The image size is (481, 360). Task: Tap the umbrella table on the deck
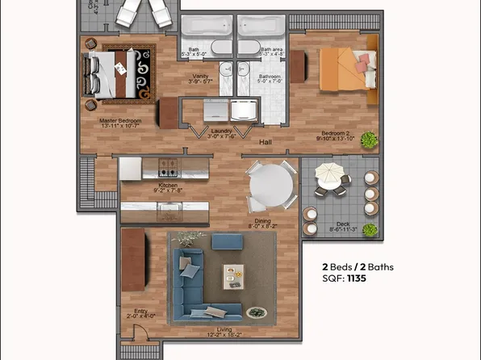point(328,174)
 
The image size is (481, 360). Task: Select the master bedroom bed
point(117,75)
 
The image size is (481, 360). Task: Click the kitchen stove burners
point(168,168)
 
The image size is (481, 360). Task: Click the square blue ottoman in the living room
point(226,242)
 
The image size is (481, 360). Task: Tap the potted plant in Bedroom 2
point(369,139)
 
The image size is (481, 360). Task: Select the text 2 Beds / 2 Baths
point(359,266)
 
